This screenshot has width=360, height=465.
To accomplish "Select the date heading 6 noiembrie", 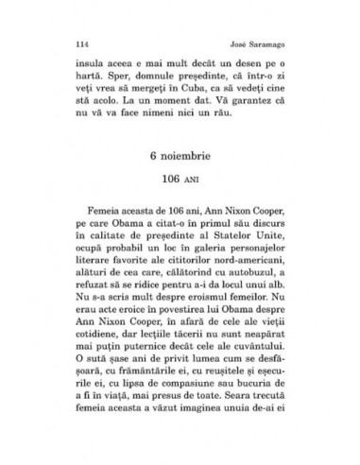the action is [180, 179].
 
